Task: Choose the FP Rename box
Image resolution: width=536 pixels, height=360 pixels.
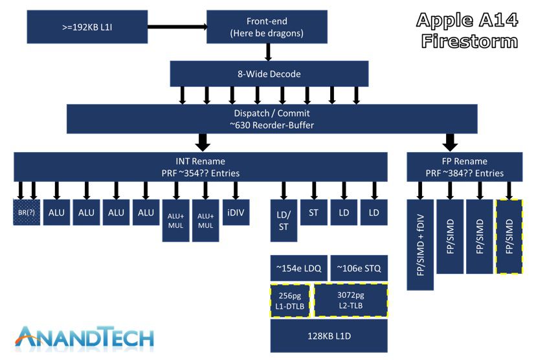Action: [x=464, y=167]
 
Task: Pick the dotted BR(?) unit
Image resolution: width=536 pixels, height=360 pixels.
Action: [x=27, y=212]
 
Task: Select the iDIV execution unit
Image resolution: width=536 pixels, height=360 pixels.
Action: [x=236, y=212]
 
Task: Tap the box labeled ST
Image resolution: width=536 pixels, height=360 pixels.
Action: [x=314, y=212]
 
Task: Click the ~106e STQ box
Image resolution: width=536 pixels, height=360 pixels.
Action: [x=359, y=268]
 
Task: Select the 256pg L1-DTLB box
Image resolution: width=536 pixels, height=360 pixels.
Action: [x=290, y=300]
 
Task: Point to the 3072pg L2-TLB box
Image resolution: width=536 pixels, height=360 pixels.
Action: [x=350, y=300]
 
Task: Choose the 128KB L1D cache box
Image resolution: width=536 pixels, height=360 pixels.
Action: [x=328, y=336]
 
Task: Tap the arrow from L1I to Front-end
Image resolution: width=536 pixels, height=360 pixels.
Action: [x=176, y=27]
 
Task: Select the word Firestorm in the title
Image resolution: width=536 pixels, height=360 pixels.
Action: [x=469, y=41]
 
